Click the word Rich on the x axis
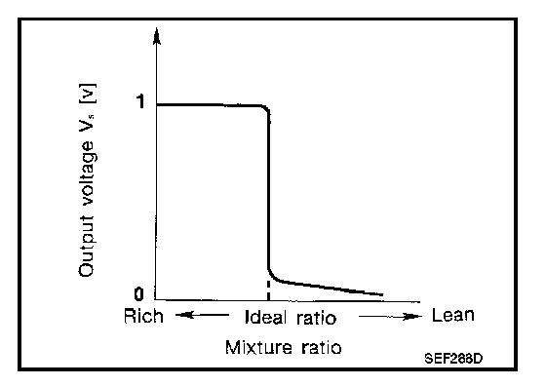pyautogui.click(x=143, y=316)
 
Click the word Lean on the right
pyautogui.click(x=453, y=315)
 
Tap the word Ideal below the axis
pyautogui.click(x=266, y=317)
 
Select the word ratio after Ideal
pyautogui.click(x=317, y=318)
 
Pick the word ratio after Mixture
pyautogui.click(x=322, y=347)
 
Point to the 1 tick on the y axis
pyautogui.click(x=140, y=101)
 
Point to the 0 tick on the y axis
pyautogui.click(x=138, y=294)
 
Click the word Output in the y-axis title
pyautogui.click(x=87, y=247)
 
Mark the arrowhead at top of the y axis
pyautogui.click(x=157, y=37)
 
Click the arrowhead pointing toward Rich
pyautogui.click(x=184, y=316)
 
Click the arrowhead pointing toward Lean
pyautogui.click(x=411, y=316)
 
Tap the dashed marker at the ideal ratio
pyautogui.click(x=268, y=289)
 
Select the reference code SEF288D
pyautogui.click(x=453, y=358)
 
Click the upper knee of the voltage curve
pyautogui.click(x=266, y=108)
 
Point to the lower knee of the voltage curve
pyautogui.click(x=271, y=275)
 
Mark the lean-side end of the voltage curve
pyautogui.click(x=382, y=294)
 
